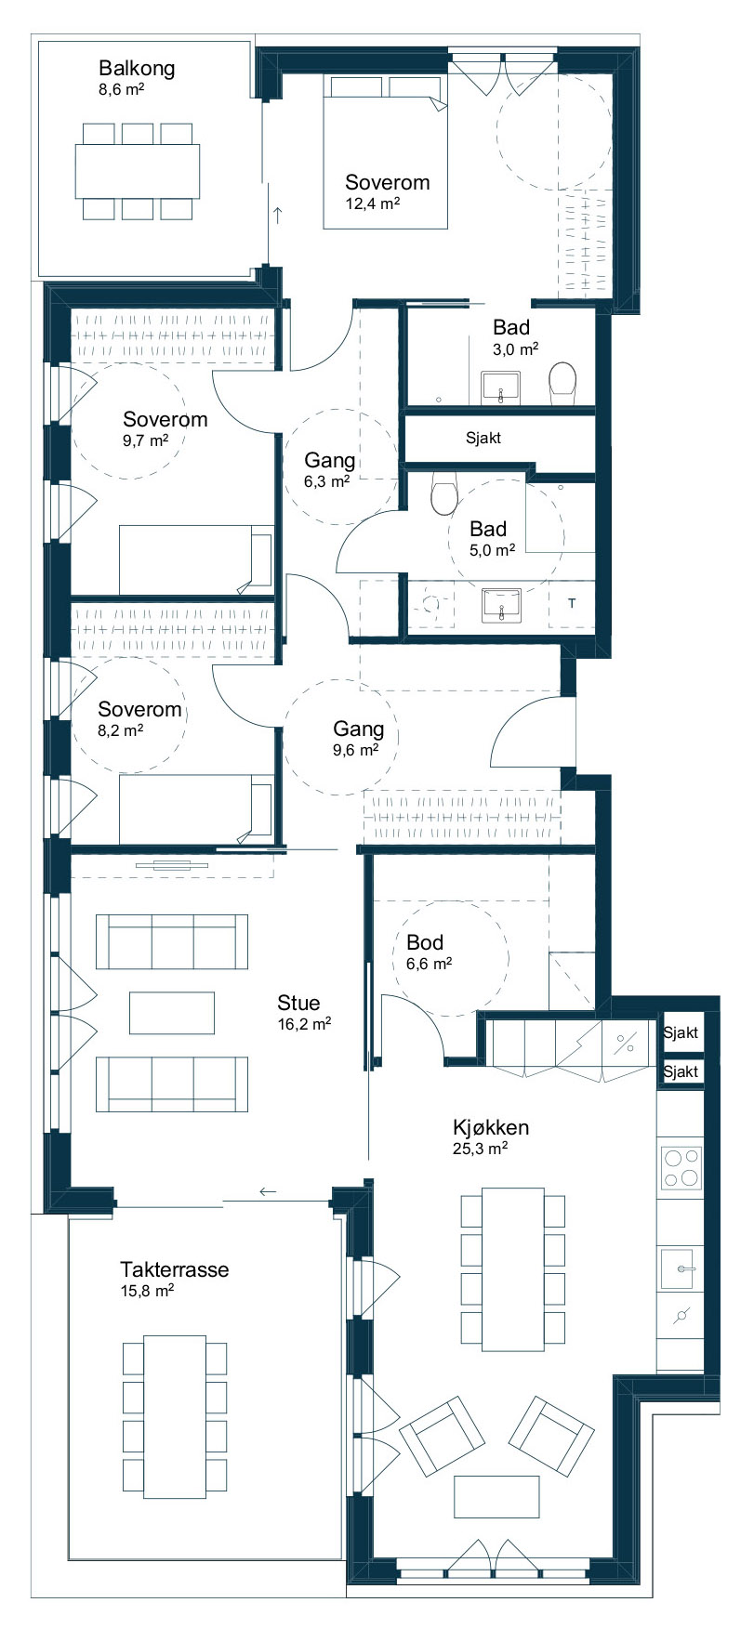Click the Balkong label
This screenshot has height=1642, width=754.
tap(137, 68)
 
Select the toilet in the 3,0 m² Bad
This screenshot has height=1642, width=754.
tap(562, 384)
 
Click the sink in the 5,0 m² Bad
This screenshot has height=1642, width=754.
tap(502, 604)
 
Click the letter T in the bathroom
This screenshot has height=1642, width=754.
tap(572, 603)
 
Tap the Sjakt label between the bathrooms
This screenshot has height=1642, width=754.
tap(483, 438)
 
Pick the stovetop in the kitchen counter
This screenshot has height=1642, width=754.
tap(681, 1167)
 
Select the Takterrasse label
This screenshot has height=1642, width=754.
tap(174, 1269)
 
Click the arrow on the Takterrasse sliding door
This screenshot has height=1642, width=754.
tap(268, 1191)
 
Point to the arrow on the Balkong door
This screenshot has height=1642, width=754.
tap(277, 216)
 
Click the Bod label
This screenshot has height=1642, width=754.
tap(425, 942)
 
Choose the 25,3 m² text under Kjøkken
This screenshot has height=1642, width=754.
tap(480, 1148)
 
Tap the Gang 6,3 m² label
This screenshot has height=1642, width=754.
tap(330, 469)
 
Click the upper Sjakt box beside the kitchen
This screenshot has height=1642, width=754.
tap(681, 1032)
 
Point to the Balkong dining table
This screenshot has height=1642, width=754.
tap(138, 171)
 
